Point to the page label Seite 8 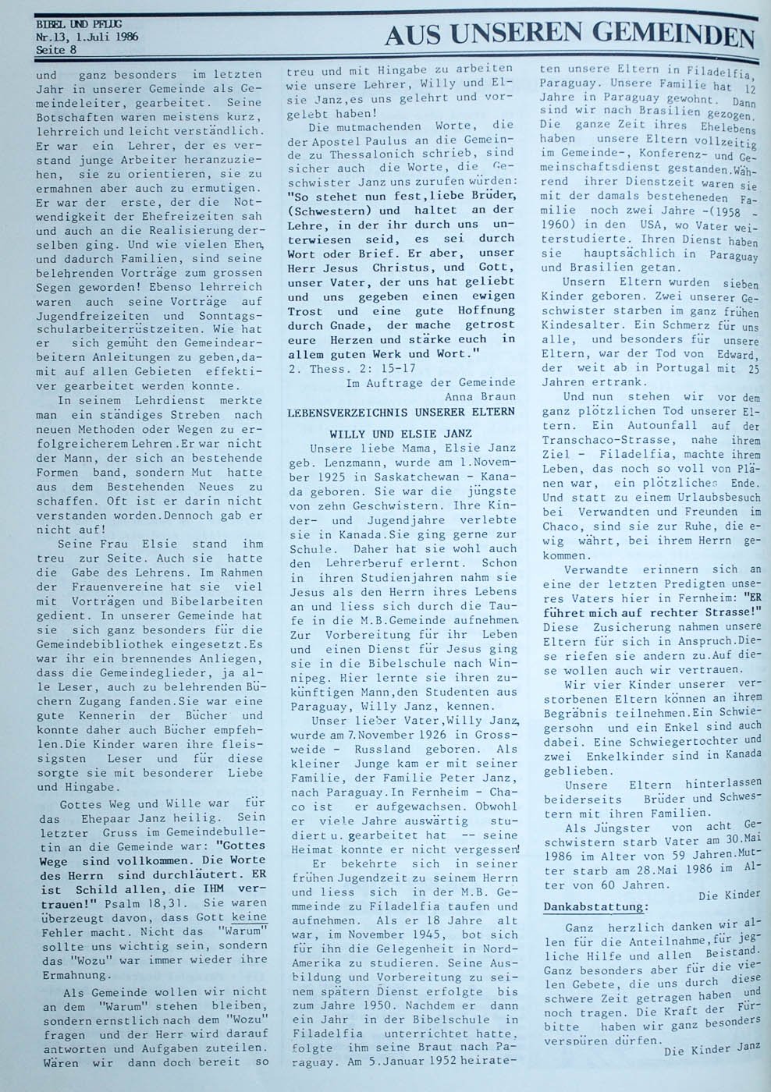point(56,51)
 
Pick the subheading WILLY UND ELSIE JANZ point(401,433)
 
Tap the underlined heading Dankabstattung point(595,906)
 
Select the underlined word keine point(247,917)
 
